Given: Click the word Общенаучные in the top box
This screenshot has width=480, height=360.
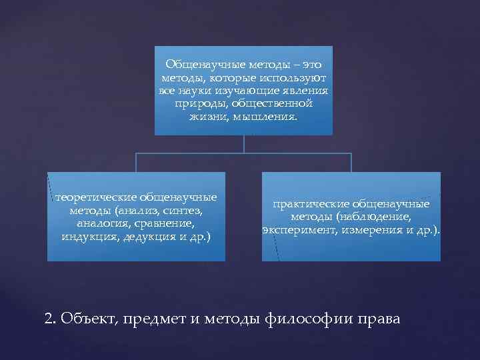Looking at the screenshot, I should pyautogui.click(x=198, y=65).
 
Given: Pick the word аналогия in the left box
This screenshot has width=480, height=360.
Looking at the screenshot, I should pyautogui.click(x=99, y=223).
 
